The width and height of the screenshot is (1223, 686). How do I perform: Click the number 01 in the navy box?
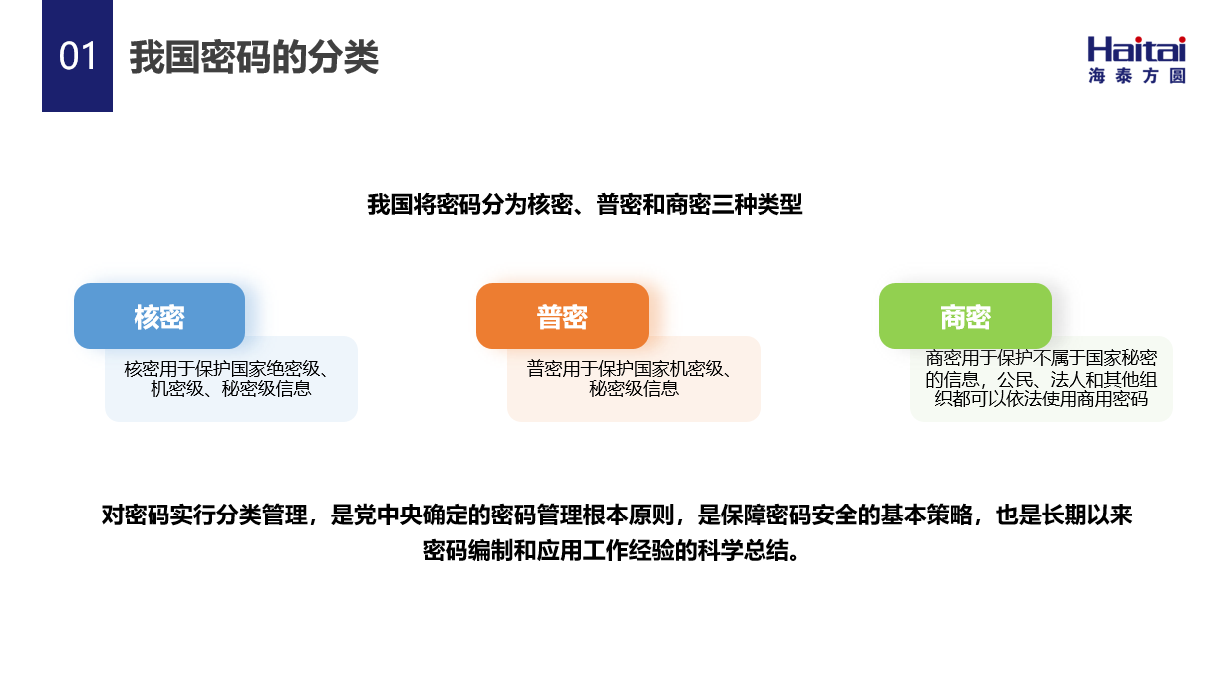point(77,56)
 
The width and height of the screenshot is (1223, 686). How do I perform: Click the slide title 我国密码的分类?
point(254,56)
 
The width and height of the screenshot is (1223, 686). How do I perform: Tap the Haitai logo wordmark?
point(1136,49)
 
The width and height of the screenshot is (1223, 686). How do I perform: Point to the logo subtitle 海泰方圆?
point(1136,76)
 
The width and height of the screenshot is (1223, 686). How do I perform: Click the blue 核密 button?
point(159,316)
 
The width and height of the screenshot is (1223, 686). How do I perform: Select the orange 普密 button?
point(562,316)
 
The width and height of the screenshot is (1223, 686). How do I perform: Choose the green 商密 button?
point(965,316)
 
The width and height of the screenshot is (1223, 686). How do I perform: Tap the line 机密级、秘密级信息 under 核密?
point(230,388)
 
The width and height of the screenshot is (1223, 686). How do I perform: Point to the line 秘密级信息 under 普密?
point(633,388)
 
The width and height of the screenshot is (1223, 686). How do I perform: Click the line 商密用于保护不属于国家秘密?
point(1042,358)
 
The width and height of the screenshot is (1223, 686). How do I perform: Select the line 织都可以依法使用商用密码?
point(1042,399)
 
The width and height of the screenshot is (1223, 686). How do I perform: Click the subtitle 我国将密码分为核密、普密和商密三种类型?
point(585,204)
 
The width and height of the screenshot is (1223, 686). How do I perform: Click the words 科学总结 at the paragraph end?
point(755,550)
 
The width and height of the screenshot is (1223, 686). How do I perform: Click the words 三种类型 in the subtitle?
point(757,204)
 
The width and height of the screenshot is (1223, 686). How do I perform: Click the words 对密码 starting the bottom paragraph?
point(136,515)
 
